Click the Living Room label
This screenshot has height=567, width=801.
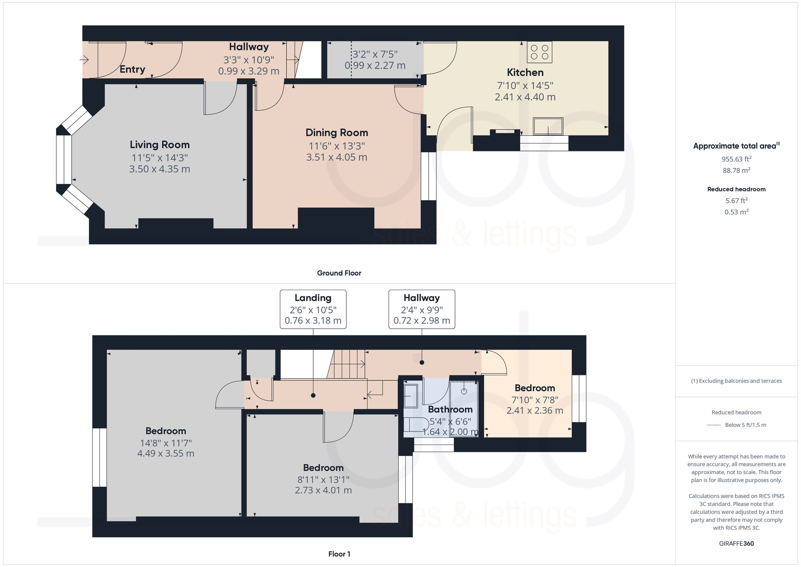pyautogui.click(x=159, y=145)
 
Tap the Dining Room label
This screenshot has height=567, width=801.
pyautogui.click(x=336, y=133)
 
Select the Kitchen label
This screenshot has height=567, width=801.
pyautogui.click(x=525, y=73)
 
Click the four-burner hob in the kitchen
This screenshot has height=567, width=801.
pyautogui.click(x=539, y=52)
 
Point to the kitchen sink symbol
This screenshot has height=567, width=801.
pyautogui.click(x=548, y=126)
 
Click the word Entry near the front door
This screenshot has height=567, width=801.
pyautogui.click(x=132, y=69)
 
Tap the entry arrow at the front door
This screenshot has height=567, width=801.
pyautogui.click(x=84, y=60)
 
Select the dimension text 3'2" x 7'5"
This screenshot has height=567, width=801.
pyautogui.click(x=375, y=54)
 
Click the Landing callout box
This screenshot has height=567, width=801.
pyautogui.click(x=313, y=309)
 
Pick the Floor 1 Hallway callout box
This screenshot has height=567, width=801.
pyautogui.click(x=421, y=309)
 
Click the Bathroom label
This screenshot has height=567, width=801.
pyautogui.click(x=450, y=409)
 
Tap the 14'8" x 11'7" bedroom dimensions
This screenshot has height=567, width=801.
pyautogui.click(x=166, y=443)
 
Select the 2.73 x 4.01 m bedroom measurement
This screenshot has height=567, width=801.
pyautogui.click(x=323, y=490)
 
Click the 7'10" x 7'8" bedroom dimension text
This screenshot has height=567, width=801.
pyautogui.click(x=535, y=400)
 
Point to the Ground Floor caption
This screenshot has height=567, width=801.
pyautogui.click(x=339, y=273)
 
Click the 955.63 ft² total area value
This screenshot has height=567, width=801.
pyautogui.click(x=736, y=159)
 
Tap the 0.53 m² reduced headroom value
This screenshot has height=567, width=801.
pyautogui.click(x=736, y=212)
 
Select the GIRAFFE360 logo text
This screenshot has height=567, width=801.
pyautogui.click(x=736, y=543)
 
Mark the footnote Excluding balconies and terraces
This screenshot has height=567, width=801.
pyautogui.click(x=736, y=381)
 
